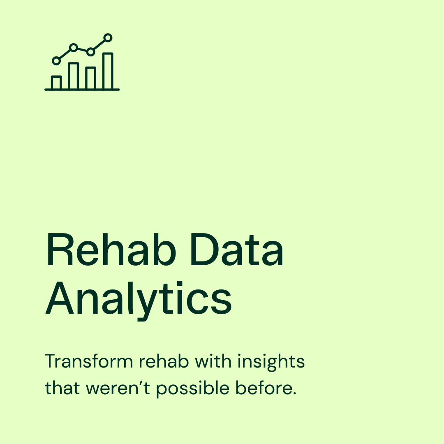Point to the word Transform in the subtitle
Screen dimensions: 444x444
click(89, 362)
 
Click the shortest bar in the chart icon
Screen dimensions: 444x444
click(56, 83)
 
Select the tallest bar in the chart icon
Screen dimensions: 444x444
click(108, 71)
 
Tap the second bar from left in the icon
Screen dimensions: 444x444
click(74, 76)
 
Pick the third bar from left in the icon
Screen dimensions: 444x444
click(90, 78)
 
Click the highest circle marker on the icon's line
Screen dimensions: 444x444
click(108, 38)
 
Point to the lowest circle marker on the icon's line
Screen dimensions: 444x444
click(56, 61)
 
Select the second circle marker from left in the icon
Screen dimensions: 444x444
click(74, 48)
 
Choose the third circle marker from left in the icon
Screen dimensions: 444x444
click(90, 52)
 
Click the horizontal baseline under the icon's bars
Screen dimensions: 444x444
click(82, 89)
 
